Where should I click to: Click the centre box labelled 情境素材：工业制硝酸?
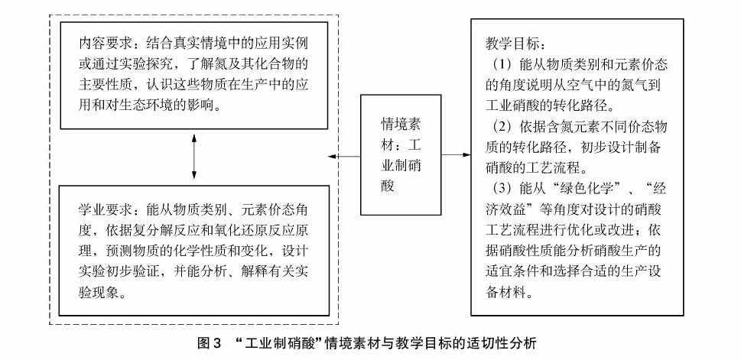(401, 155)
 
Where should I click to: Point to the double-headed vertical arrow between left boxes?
(193, 156)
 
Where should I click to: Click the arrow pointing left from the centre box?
(345, 156)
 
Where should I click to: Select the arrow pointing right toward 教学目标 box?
(456, 155)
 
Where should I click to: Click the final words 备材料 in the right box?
(504, 293)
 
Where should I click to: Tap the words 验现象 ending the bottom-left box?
(97, 292)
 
